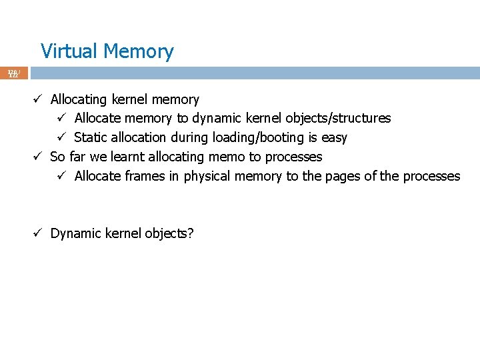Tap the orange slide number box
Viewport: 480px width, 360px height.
pos(14,73)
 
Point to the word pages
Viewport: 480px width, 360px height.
pos(328,177)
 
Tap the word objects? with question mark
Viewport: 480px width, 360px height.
pos(169,234)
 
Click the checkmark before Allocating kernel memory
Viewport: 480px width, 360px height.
pos(39,100)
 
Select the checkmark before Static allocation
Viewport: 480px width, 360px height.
pos(62,138)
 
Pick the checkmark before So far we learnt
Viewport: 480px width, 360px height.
pos(39,157)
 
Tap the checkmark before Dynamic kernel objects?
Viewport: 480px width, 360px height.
pos(39,233)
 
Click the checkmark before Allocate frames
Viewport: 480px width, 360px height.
pos(62,177)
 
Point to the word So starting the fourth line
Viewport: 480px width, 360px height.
pos(58,157)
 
